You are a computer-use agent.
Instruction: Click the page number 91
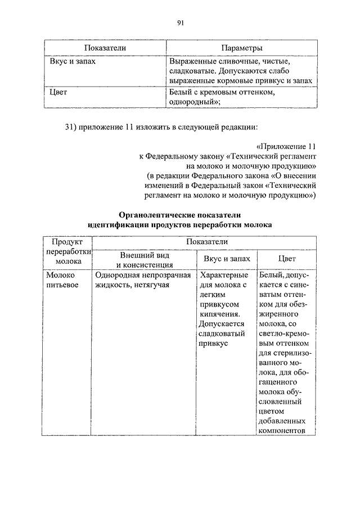[x=181, y=22]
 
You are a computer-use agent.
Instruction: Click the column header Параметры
[x=241, y=48]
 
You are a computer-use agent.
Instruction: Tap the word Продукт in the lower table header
[x=67, y=241]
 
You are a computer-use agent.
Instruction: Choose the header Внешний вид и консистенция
[x=145, y=260]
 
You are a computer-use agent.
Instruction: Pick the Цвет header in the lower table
[x=286, y=259]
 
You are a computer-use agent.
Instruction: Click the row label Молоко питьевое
[x=62, y=281]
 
